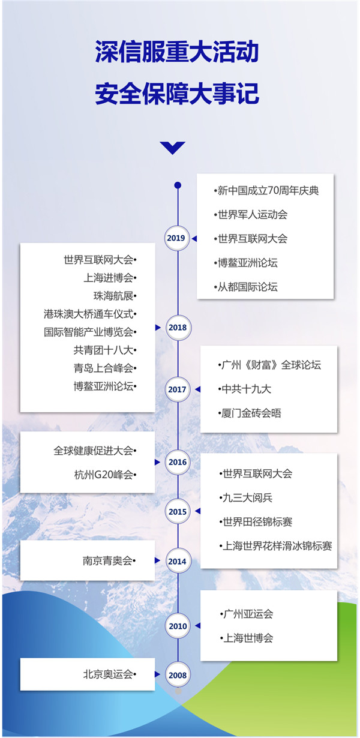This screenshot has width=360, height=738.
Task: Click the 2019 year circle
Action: pos(177,238)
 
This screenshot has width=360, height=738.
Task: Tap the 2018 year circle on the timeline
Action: pos(178,328)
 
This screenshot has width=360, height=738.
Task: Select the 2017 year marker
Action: pos(177,389)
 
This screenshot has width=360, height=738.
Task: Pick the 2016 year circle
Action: pos(178,462)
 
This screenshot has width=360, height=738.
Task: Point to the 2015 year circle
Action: pos(178,511)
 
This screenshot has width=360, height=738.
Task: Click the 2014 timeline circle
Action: pos(178,561)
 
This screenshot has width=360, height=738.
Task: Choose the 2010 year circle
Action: pos(178,626)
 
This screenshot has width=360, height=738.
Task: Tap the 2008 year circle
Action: pos(178,676)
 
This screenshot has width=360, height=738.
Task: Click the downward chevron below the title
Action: pos(173,147)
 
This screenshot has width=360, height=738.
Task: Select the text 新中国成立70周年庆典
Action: pos(268,190)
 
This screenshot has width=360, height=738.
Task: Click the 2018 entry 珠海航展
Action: pos(113,296)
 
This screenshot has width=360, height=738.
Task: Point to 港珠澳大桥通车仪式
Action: pos(89,314)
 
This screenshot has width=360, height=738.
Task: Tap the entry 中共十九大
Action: pos(247,389)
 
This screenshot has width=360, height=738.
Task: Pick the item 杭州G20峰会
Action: pos(104,475)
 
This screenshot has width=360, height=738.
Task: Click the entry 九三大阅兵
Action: pos(248,497)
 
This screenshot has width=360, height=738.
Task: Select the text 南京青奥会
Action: pos(108,560)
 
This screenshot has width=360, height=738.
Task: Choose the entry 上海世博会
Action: pos(248,638)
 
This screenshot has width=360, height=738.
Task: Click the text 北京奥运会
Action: pos(108,674)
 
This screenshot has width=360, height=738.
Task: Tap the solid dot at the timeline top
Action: pos(178,185)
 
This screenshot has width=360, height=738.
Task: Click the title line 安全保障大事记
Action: pos(177,94)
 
